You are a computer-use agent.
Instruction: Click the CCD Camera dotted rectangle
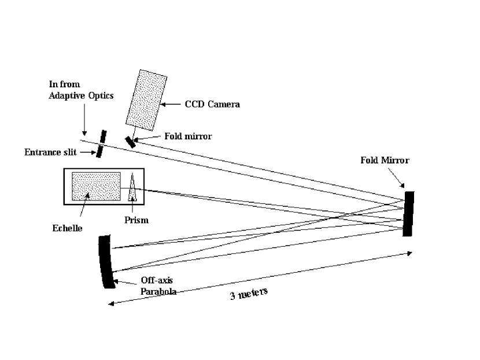click(x=146, y=100)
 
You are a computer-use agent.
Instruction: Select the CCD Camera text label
click(x=212, y=105)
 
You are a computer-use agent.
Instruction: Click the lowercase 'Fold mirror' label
click(x=188, y=137)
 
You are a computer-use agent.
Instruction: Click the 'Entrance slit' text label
click(x=50, y=153)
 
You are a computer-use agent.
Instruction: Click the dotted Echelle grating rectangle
click(x=96, y=187)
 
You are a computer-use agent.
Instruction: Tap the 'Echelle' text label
click(x=67, y=228)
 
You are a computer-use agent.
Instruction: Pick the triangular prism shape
click(x=133, y=188)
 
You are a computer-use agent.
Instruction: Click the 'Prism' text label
click(x=136, y=220)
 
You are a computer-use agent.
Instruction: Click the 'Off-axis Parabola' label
click(x=158, y=285)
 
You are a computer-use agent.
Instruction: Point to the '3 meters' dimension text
click(x=249, y=294)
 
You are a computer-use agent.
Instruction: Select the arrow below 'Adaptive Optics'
click(x=84, y=121)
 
